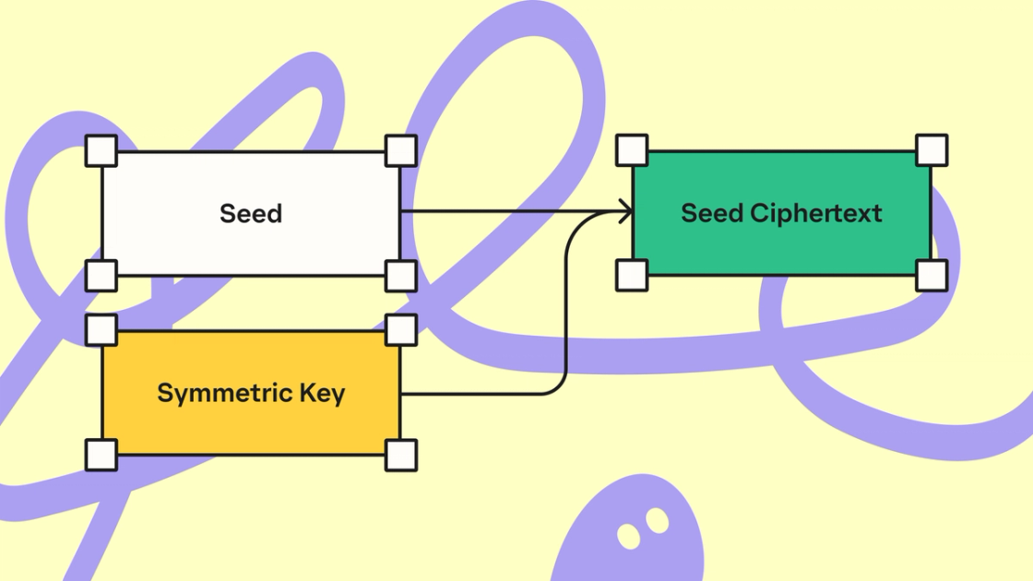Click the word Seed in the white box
(251, 214)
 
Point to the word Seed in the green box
(712, 213)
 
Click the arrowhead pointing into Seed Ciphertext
(627, 213)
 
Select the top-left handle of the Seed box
(101, 150)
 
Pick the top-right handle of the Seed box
(400, 150)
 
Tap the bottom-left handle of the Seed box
(101, 275)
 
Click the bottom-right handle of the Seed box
(400, 275)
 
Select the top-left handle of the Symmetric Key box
(101, 329)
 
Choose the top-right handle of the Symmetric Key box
(400, 329)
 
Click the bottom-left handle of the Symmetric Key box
(101, 455)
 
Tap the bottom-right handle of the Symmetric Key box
(400, 455)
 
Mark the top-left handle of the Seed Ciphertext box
(632, 149)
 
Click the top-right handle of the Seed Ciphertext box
(932, 149)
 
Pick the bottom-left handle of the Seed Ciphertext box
(632, 275)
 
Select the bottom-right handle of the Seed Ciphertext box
(932, 275)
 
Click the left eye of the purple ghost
(629, 535)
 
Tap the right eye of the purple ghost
(657, 521)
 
